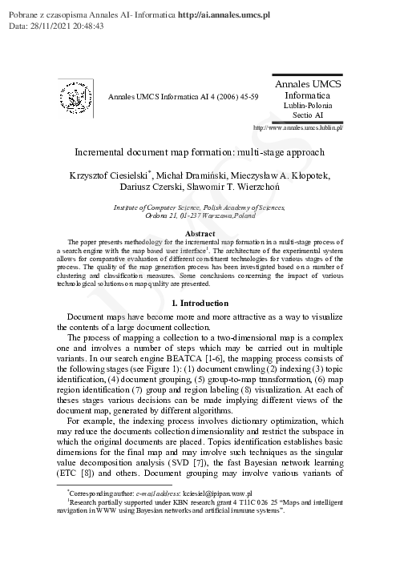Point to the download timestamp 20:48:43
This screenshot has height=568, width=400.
[94, 26]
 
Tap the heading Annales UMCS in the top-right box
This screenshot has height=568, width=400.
[308, 84]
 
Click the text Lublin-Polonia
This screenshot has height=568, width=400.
[308, 106]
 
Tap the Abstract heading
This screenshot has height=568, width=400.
[200, 233]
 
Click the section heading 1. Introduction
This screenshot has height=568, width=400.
[200, 281]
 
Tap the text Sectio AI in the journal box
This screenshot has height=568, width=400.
[308, 116]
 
